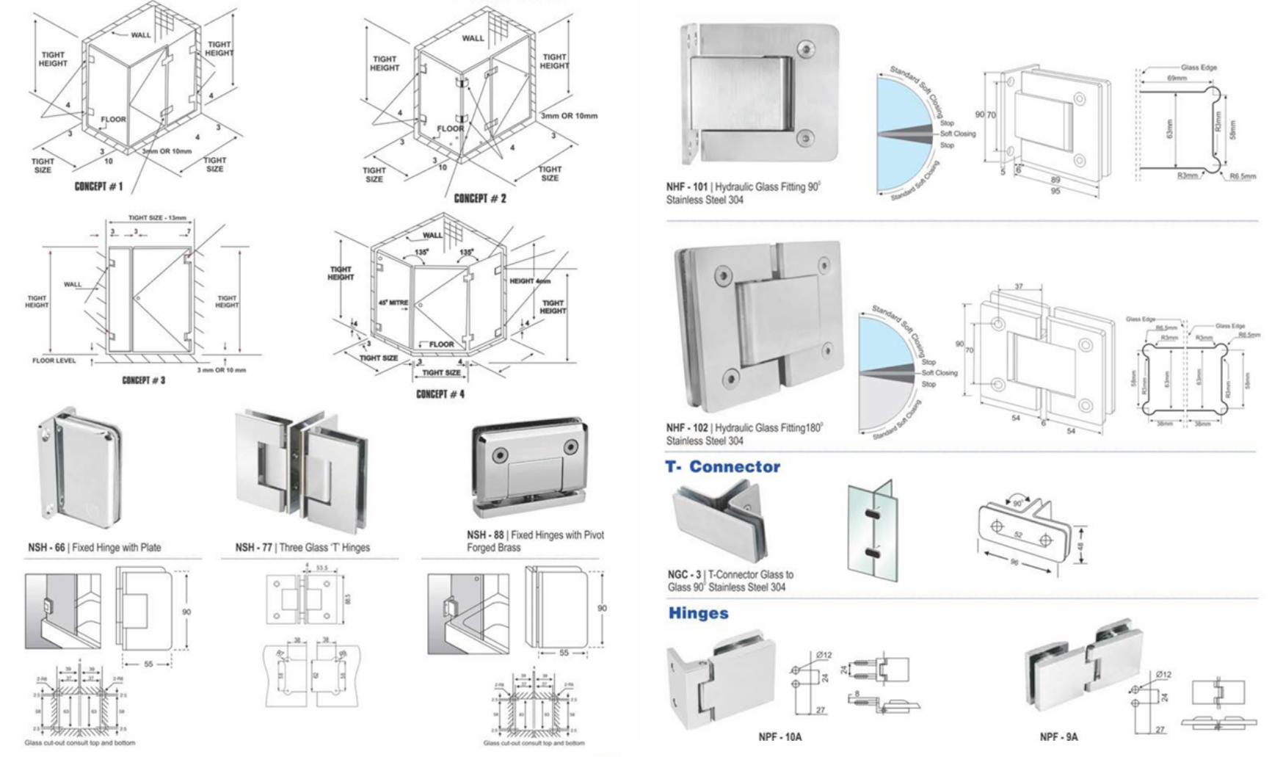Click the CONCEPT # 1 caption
coord(98,186)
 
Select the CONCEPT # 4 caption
coord(440,394)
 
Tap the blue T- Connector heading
coord(723,467)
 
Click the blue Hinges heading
coord(698,614)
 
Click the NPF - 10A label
coord(779,736)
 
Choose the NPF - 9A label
coord(1058,736)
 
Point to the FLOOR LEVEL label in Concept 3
coord(54,361)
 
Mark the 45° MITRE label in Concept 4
coord(393,303)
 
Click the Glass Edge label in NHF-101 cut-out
coord(1199,68)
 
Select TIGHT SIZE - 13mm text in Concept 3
coord(157,218)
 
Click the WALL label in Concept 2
coord(473,37)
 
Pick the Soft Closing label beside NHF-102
coord(940,373)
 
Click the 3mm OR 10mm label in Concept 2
coord(569,116)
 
